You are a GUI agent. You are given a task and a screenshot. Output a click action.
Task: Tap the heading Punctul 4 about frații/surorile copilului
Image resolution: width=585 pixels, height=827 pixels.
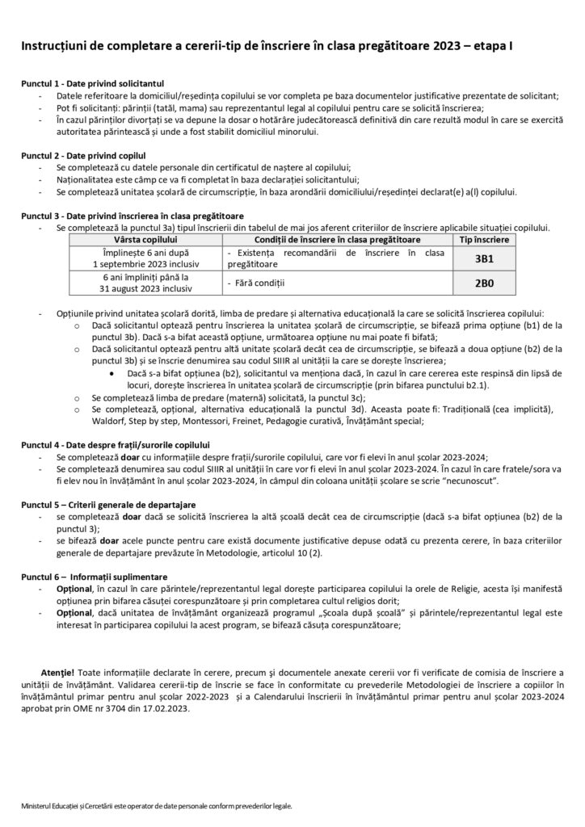(115, 445)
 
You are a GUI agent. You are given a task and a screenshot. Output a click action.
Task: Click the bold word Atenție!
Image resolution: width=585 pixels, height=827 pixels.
(57, 672)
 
